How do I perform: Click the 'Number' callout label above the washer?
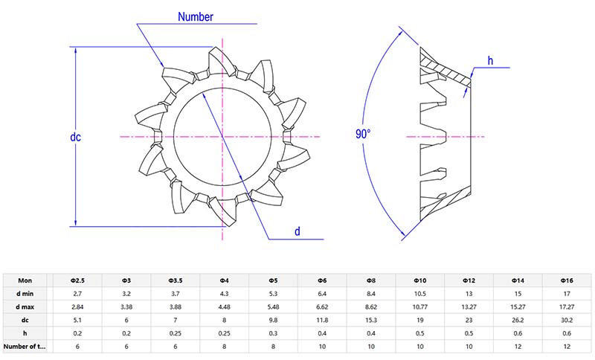[196, 16]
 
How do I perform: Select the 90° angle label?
[363, 134]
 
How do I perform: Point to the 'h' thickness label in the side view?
[490, 60]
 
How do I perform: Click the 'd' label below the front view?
[297, 231]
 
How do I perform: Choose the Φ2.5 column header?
[77, 280]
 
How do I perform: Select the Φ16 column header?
[567, 280]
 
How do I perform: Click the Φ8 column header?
[371, 280]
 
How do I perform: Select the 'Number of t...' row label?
[27, 347]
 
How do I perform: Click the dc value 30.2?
[567, 321]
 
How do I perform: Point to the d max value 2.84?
[77, 307]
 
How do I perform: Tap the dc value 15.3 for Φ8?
[371, 321]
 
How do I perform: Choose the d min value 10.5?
[420, 294]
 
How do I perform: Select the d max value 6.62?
[322, 307]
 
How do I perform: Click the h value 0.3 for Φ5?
[273, 333]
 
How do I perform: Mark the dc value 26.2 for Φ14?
[518, 321]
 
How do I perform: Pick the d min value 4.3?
[224, 294]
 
